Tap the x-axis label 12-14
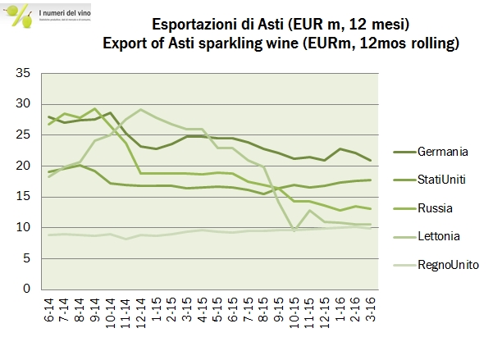coord(142,312)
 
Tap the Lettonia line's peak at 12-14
coord(141,109)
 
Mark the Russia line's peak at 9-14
coord(96,108)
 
